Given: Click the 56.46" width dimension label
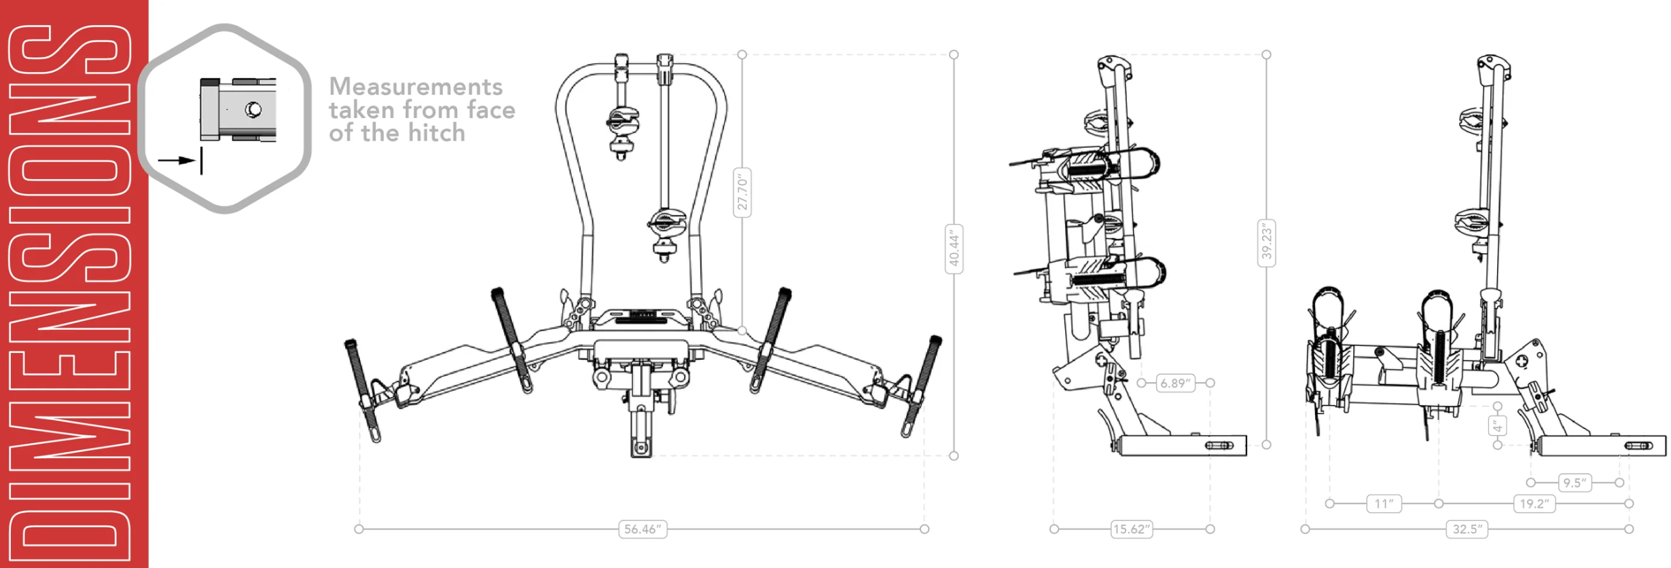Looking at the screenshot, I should pyautogui.click(x=643, y=529).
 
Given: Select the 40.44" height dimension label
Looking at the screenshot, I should pyautogui.click(x=954, y=249).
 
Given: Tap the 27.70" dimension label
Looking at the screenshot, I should pyautogui.click(x=742, y=193).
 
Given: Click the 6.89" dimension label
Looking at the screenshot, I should pyautogui.click(x=1175, y=383).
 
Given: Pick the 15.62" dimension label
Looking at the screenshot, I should pyautogui.click(x=1132, y=529).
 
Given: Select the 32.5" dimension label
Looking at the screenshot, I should pyautogui.click(x=1467, y=529).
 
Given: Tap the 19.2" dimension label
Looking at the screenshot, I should pyautogui.click(x=1534, y=504).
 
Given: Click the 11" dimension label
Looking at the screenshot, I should pyautogui.click(x=1384, y=504).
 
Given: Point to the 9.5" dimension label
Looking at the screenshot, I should pyautogui.click(x=1575, y=483).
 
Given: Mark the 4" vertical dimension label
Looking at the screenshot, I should pyautogui.click(x=1497, y=426).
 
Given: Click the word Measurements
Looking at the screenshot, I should pyautogui.click(x=416, y=87).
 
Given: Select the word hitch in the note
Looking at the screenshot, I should pyautogui.click(x=436, y=134).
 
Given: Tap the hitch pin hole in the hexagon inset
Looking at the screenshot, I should pyautogui.click(x=253, y=109).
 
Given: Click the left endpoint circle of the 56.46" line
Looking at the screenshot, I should pyautogui.click(x=359, y=529).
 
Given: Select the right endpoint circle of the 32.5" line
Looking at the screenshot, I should pyautogui.click(x=1629, y=529).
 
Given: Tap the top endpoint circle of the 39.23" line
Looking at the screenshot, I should pyautogui.click(x=1266, y=54).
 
